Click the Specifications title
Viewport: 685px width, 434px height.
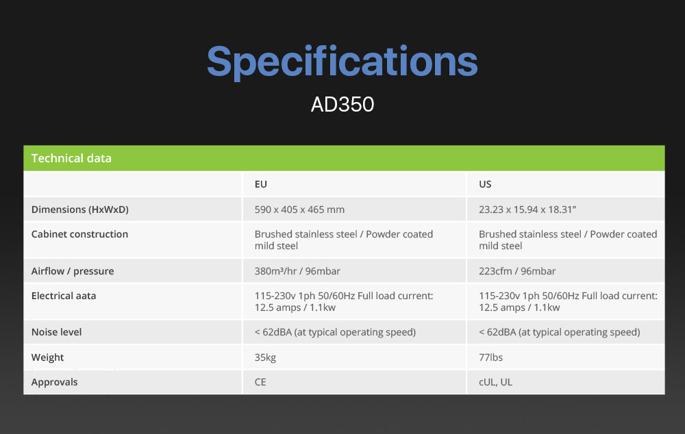[342, 62]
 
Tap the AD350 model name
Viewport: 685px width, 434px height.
[342, 104]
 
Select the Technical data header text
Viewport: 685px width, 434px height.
[71, 158]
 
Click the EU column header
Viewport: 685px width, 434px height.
[261, 184]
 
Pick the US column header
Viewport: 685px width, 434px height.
[485, 184]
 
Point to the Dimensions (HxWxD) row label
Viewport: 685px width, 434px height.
[80, 209]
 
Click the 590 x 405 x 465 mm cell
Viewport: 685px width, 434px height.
[300, 209]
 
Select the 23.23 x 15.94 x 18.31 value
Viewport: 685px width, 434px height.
[527, 209]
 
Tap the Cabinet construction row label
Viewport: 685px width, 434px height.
[79, 234]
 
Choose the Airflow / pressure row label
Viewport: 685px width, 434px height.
[73, 271]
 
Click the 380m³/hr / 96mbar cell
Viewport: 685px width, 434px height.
[297, 271]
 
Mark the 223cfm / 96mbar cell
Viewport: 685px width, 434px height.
[517, 271]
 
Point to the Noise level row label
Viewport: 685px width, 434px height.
[56, 332]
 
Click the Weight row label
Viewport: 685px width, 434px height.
[48, 357]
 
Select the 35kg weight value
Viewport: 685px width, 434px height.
[265, 357]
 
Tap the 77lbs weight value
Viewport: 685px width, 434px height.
[490, 357]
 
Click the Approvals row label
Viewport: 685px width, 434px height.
[55, 383]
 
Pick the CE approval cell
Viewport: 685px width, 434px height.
[260, 383]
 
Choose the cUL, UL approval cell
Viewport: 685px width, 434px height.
[495, 383]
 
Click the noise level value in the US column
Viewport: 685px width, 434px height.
[559, 332]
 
